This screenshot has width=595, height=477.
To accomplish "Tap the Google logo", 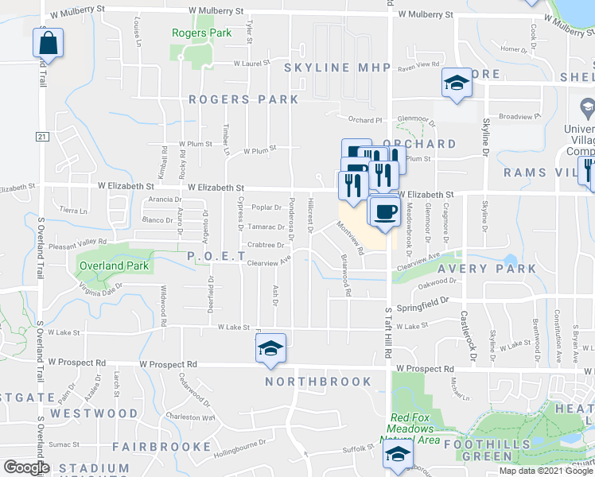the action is [25, 467].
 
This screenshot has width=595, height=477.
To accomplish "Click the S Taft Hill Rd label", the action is [389, 321].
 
